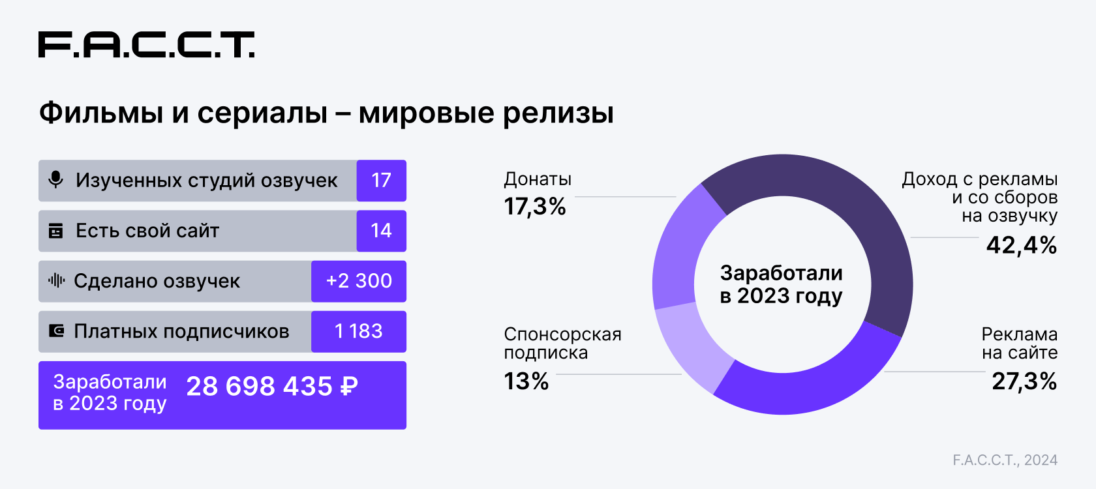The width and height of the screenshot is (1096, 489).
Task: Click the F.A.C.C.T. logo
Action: click(146, 44)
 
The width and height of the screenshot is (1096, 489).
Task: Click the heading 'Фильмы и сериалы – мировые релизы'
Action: click(326, 113)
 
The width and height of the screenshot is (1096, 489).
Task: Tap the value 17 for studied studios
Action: click(381, 181)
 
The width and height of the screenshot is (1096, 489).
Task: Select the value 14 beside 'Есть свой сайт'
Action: click(381, 231)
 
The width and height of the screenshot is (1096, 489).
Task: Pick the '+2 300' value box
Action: click(359, 281)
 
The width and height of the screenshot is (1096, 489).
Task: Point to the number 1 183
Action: click(359, 331)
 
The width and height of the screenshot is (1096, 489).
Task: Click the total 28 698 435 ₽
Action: click(272, 387)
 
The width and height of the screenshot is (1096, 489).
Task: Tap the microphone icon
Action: click(56, 180)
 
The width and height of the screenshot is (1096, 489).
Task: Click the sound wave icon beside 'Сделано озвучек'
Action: click(56, 281)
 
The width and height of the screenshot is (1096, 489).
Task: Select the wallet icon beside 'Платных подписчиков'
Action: click(57, 331)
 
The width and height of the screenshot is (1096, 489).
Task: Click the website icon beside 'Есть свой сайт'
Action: click(56, 231)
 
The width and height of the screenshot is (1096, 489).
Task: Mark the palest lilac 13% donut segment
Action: click(692, 346)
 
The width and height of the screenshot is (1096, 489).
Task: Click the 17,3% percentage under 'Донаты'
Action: click(535, 207)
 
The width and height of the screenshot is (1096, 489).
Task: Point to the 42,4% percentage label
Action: click(1021, 245)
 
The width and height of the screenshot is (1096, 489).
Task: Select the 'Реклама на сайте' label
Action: click(1019, 344)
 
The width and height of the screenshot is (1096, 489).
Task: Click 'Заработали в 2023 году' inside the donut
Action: click(782, 284)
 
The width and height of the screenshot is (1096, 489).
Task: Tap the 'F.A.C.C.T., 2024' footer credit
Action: click(1005, 460)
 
